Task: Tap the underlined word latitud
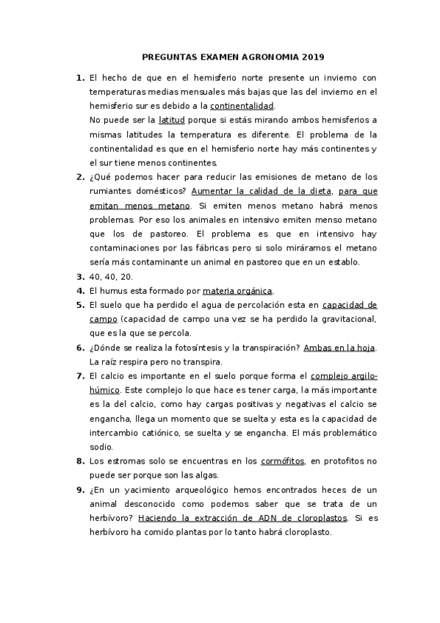tap(172, 120)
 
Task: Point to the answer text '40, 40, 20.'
tap(111, 276)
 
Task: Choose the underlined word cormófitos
tap(282, 461)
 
